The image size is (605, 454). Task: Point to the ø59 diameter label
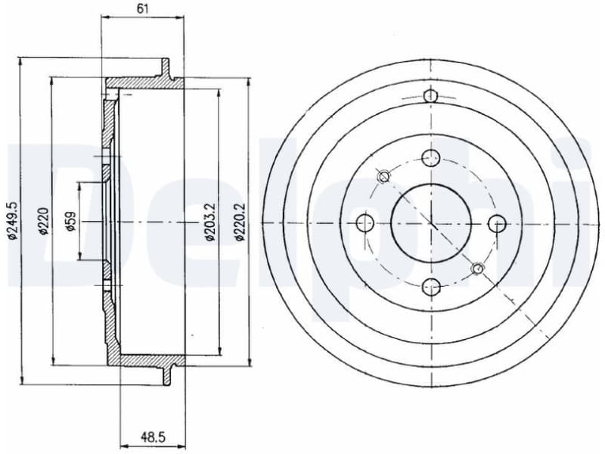(x=70, y=221)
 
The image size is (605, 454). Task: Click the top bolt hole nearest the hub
(x=430, y=158)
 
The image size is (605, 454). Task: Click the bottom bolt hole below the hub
(x=430, y=286)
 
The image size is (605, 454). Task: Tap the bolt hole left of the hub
(x=365, y=222)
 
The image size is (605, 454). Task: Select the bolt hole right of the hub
(x=496, y=222)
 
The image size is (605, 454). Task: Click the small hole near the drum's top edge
(x=430, y=96)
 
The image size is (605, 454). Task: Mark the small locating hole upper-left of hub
(x=383, y=177)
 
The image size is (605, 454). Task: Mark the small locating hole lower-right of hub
(x=477, y=268)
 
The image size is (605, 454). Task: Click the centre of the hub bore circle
(x=430, y=222)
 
